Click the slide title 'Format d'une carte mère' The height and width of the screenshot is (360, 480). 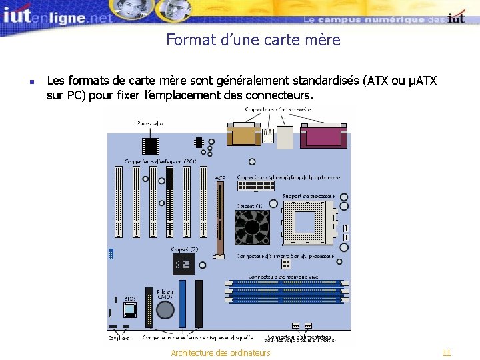[x=253, y=40]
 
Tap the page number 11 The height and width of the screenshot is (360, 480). [x=447, y=353]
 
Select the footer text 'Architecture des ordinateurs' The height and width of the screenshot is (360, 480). [x=221, y=353]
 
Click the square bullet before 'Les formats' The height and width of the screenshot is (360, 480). [x=32, y=82]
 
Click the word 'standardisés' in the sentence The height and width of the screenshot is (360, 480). [x=317, y=81]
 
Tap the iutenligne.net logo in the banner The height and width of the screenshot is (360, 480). [x=57, y=17]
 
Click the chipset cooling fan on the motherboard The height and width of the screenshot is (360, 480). [x=251, y=227]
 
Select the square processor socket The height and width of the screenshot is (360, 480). [x=308, y=223]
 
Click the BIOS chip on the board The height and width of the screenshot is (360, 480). [x=129, y=309]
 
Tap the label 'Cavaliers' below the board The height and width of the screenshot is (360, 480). [x=119, y=338]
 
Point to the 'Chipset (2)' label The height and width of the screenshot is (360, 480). [x=184, y=249]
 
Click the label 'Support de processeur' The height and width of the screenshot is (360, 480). [x=309, y=196]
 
